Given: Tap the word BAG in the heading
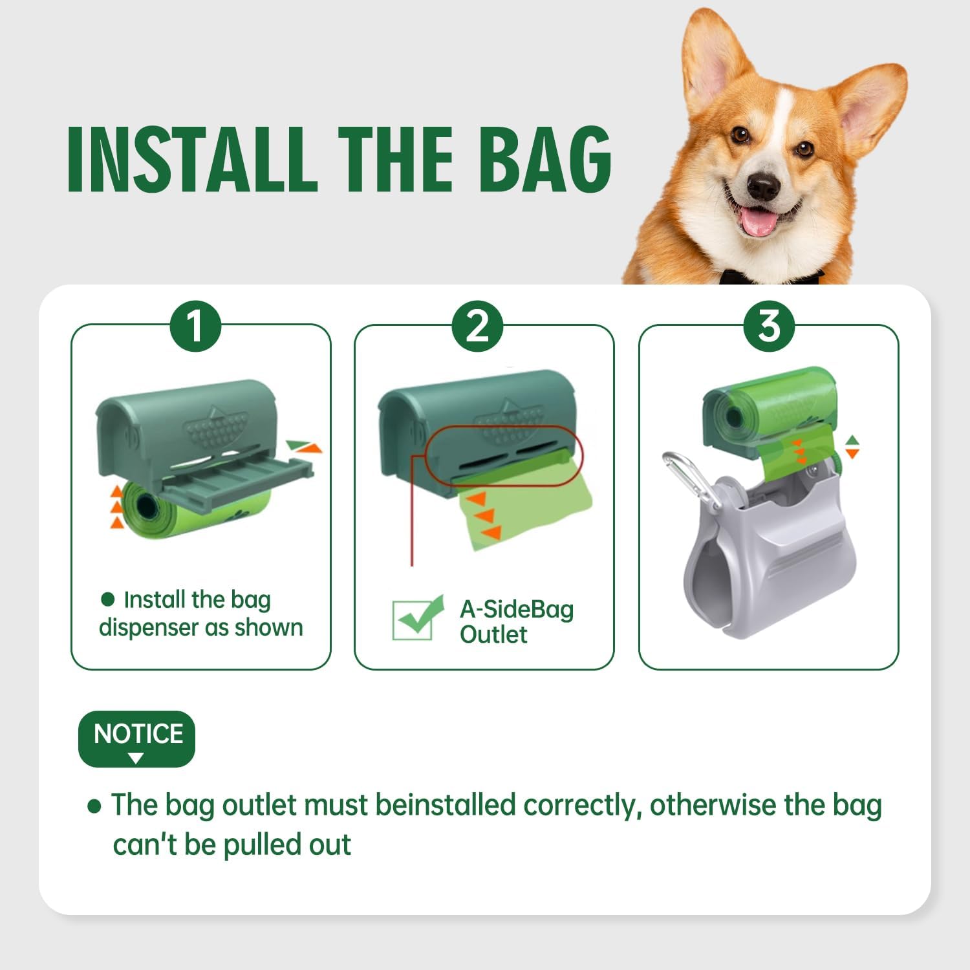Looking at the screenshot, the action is (546, 159).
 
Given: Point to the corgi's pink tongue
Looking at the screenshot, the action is (759, 221).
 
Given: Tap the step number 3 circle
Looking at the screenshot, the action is (769, 326).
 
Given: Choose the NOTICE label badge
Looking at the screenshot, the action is (136, 738).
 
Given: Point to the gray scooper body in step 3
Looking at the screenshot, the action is (770, 556).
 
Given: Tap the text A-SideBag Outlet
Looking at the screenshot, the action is (516, 621).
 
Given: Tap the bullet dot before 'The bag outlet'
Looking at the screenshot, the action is (94, 806).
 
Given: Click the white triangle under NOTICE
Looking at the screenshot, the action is (136, 758).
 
